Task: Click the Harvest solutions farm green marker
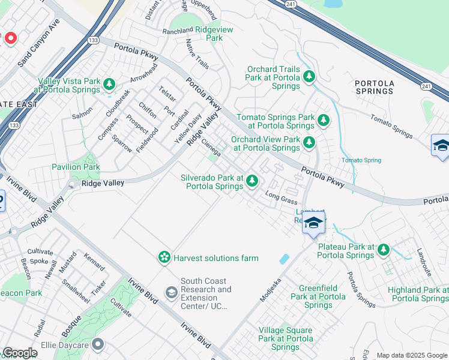[x=163, y=257]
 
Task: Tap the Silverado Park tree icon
[x=253, y=180]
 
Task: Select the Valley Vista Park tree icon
[x=109, y=84]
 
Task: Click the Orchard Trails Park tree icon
[x=309, y=76]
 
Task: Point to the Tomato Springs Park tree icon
[x=324, y=120]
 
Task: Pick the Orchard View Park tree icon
[x=309, y=142]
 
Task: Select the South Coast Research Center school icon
[x=171, y=292]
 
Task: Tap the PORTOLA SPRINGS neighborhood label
[x=374, y=87]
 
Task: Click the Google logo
[x=20, y=353]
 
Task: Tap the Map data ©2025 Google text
[x=411, y=355]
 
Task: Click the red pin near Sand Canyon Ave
[x=10, y=38]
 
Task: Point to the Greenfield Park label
[x=318, y=296]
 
